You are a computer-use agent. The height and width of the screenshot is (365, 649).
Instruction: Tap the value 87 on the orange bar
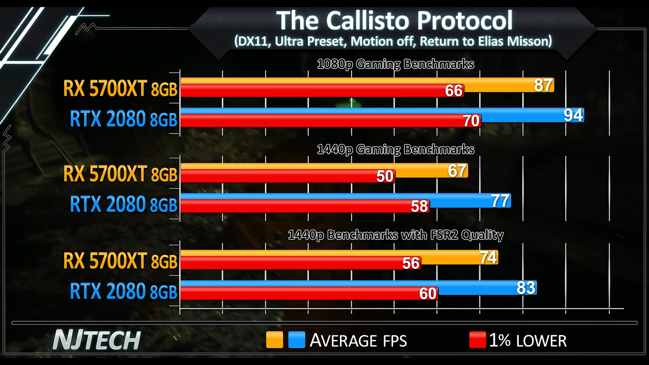543,85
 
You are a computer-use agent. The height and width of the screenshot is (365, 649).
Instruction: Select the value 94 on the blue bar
573,115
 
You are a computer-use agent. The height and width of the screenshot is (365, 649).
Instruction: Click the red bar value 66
453,91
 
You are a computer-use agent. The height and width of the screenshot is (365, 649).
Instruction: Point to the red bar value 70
471,121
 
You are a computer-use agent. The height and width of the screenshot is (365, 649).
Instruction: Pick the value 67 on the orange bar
457,171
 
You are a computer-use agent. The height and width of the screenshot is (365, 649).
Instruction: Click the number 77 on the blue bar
500,201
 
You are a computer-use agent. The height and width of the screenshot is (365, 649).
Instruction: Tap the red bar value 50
385,176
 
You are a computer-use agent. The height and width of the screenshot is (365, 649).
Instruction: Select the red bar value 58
419,206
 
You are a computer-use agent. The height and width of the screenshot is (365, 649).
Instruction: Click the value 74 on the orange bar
488,257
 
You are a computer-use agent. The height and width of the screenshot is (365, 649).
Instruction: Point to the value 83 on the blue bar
526,288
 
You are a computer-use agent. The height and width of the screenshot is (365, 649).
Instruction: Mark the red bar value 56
410,264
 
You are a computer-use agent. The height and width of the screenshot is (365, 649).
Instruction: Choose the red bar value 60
428,294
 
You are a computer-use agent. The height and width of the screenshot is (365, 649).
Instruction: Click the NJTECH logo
97,340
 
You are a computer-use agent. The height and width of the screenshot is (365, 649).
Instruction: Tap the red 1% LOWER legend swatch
477,340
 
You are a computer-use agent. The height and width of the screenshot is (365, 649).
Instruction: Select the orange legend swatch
275,340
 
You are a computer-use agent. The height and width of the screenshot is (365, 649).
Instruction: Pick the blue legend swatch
297,340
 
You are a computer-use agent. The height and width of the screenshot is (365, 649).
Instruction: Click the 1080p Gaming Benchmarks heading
395,64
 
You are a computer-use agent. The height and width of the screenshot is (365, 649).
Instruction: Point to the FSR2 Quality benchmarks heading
395,235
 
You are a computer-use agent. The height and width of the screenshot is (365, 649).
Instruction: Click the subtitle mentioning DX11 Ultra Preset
393,41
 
